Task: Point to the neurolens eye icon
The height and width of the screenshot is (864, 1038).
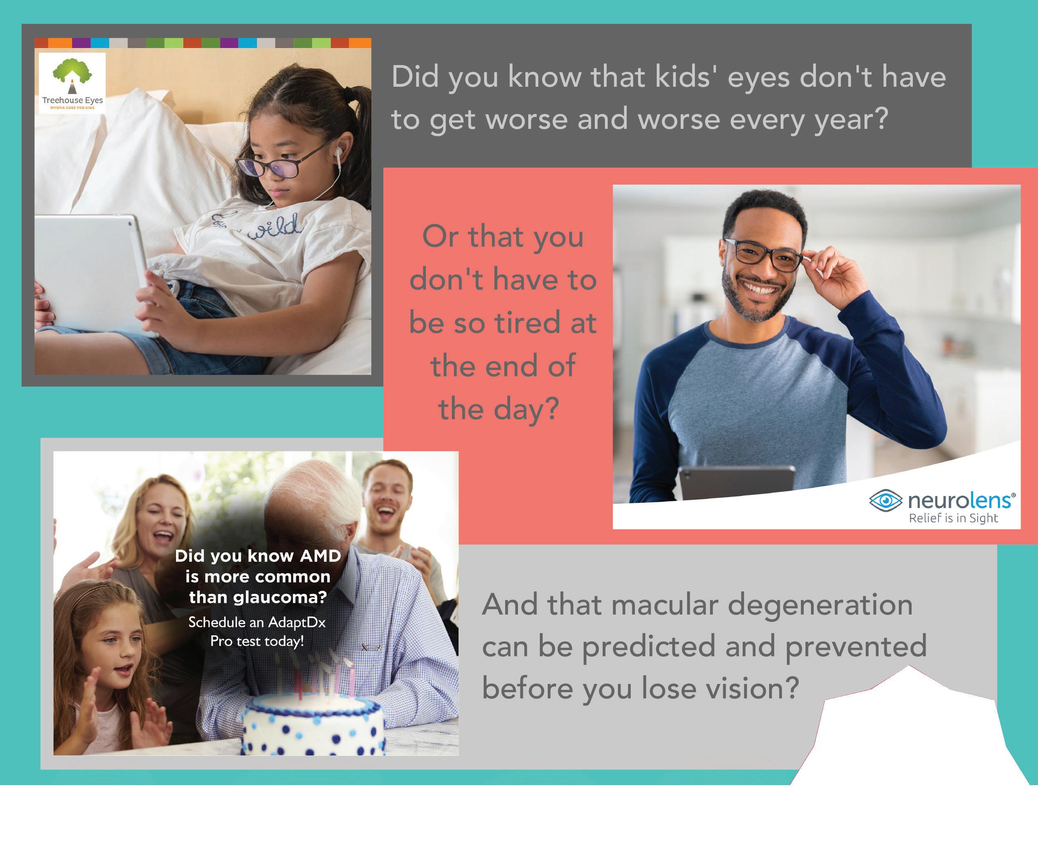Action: tap(885, 500)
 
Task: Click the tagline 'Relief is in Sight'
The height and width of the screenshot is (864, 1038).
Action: tap(953, 518)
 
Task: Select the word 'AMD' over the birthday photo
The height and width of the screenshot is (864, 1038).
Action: tap(320, 555)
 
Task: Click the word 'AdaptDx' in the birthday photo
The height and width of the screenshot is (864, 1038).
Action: tap(297, 622)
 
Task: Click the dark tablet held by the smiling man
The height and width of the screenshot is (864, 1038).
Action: tap(737, 483)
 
